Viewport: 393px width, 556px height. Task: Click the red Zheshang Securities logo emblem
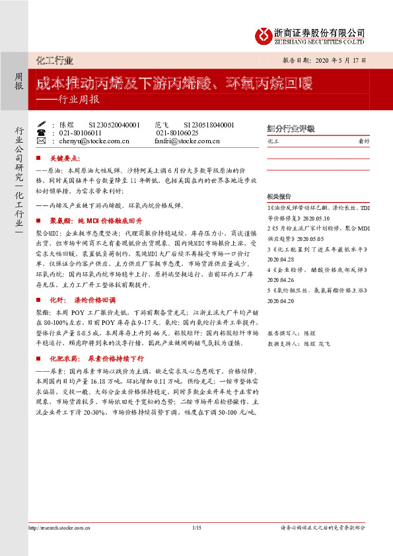(263, 35)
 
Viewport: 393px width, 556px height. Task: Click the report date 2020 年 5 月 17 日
(342, 61)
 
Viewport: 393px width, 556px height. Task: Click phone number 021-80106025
(177, 132)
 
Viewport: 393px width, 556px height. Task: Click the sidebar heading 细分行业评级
(290, 129)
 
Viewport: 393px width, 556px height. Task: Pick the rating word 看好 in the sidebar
(363, 141)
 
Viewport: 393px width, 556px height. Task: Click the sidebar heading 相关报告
(279, 197)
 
